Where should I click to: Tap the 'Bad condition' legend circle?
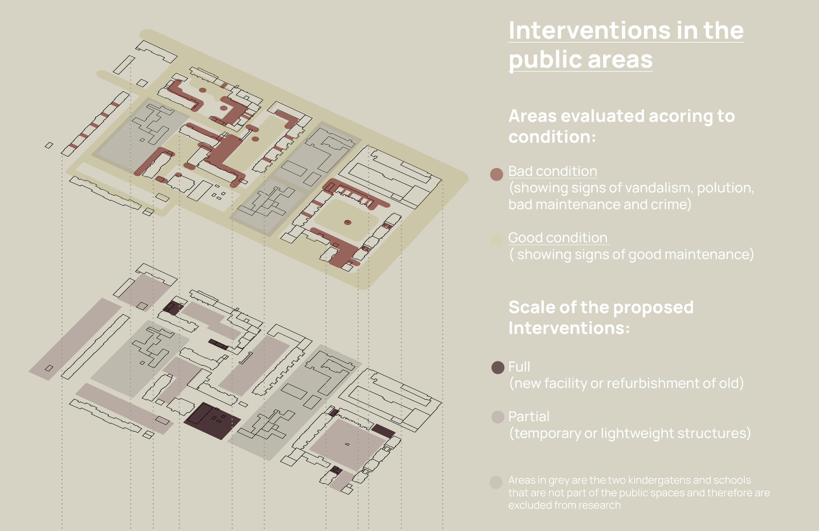496,174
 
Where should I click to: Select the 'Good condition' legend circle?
496,240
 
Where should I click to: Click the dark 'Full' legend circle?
498,368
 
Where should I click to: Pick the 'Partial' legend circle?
498,417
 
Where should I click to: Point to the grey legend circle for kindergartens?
496,482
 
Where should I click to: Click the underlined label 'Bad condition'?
553,172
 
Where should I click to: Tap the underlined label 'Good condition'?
558,238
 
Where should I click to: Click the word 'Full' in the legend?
519,367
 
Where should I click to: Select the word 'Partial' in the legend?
528,417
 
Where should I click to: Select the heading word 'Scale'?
532,307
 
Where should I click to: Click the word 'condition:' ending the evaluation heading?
552,137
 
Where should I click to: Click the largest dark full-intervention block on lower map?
212,421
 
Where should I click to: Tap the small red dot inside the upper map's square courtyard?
348,223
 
